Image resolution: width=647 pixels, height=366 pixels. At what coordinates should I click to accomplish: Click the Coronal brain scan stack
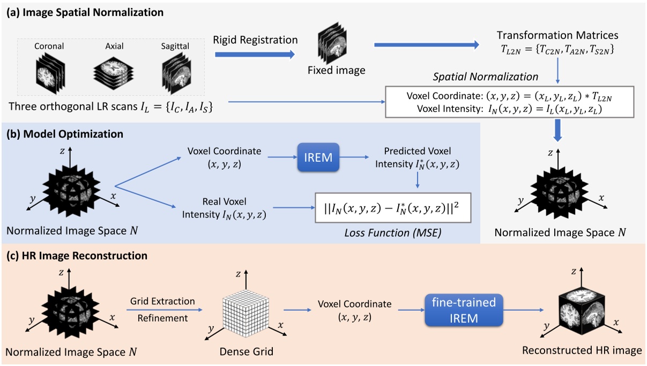point(49,73)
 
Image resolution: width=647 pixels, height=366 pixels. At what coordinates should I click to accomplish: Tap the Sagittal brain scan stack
point(175,73)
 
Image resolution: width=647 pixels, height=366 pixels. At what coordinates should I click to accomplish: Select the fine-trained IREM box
point(464,309)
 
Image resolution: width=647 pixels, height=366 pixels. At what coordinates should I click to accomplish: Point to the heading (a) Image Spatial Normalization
point(85,11)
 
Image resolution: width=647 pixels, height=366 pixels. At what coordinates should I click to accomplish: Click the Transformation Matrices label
point(557,35)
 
